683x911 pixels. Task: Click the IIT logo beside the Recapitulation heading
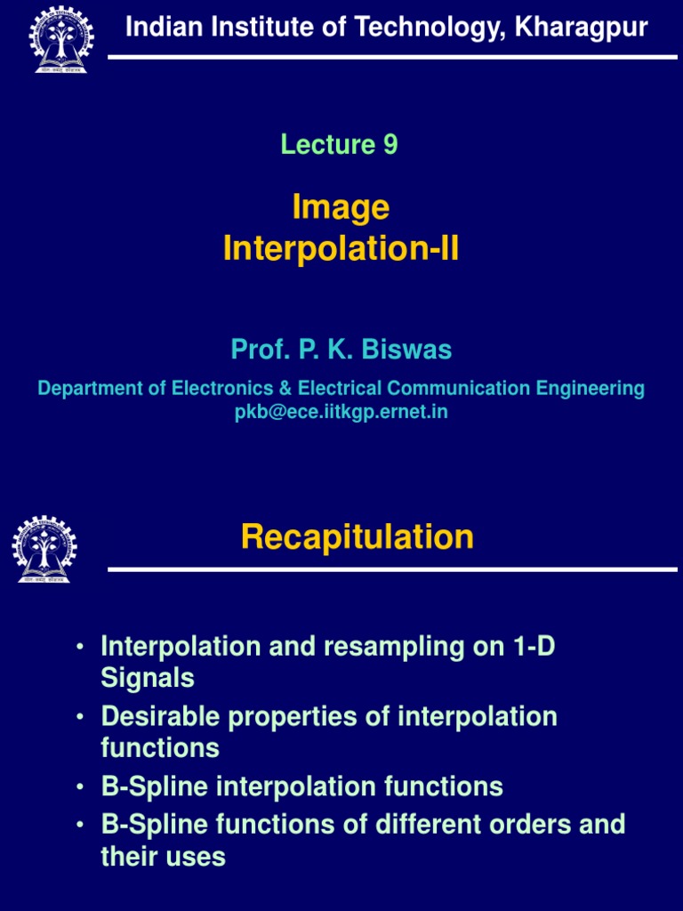[44, 549]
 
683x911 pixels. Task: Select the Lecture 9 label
[339, 144]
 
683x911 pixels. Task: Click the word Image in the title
[341, 207]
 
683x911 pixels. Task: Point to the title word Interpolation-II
[341, 250]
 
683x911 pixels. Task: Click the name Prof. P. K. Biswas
[341, 350]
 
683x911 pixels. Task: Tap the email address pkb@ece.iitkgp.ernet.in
[341, 413]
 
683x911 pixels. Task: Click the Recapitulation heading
[357, 536]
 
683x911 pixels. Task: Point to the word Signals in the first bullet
[148, 678]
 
